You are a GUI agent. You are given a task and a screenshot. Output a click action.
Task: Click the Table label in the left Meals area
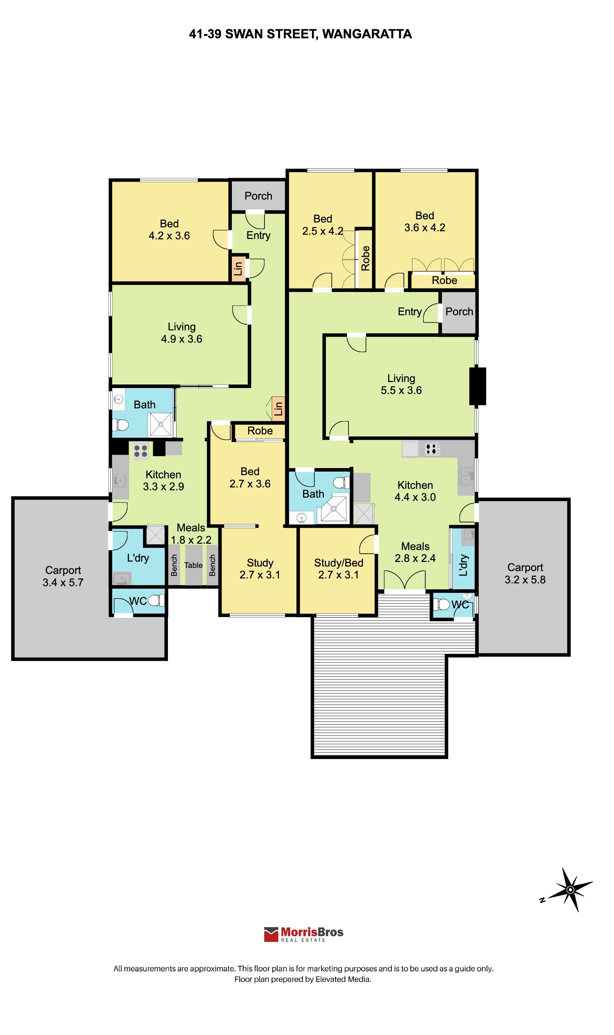[193, 565]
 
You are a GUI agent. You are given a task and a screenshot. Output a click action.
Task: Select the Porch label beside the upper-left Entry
[258, 196]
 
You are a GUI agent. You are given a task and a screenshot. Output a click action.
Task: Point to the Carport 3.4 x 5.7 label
[63, 576]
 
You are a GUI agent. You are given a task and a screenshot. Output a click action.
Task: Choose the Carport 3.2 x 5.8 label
[525, 573]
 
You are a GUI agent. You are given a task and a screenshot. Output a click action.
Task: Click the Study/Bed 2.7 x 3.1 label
[339, 569]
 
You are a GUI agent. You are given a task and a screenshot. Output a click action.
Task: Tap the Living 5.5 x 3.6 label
[401, 384]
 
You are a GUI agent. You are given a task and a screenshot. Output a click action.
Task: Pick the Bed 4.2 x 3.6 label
[169, 230]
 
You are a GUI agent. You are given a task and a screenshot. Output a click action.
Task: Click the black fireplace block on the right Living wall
[477, 386]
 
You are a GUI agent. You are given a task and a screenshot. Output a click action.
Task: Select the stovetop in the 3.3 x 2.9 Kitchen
[141, 451]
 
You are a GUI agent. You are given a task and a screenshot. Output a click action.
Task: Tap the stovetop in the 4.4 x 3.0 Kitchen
[432, 448]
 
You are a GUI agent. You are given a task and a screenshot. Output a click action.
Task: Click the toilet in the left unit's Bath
[120, 425]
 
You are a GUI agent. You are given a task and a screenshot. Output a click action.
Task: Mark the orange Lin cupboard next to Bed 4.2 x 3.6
[238, 269]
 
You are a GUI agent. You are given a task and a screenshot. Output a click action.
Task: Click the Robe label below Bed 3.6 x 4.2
[444, 280]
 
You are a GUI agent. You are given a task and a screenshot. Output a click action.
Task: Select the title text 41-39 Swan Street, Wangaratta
[300, 34]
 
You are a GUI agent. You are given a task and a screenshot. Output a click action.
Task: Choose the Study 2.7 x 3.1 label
[260, 569]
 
